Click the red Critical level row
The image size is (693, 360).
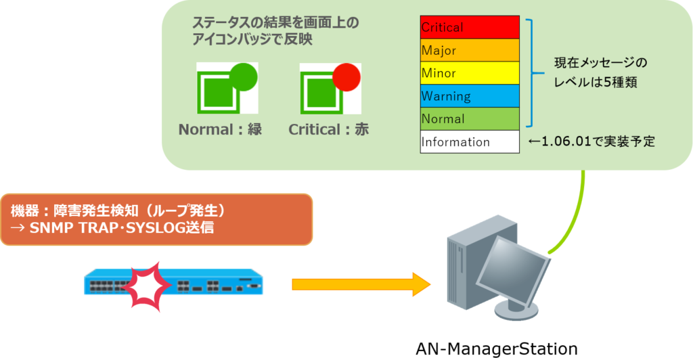[x=469, y=28]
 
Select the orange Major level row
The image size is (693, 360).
[x=469, y=51]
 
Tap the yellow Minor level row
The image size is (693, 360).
[x=469, y=73]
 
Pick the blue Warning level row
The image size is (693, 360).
[x=469, y=96]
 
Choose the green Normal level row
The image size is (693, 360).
[x=469, y=119]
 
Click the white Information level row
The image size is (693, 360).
[x=469, y=142]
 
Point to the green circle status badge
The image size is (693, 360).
[x=244, y=76]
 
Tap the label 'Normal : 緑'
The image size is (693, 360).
[x=220, y=129]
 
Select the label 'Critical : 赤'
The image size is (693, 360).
[x=329, y=129]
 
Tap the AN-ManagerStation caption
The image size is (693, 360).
[x=496, y=349]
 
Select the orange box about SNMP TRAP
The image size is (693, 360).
[x=156, y=219]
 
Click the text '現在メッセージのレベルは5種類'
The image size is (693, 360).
[x=597, y=73]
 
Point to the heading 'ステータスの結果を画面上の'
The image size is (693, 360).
[x=275, y=23]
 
